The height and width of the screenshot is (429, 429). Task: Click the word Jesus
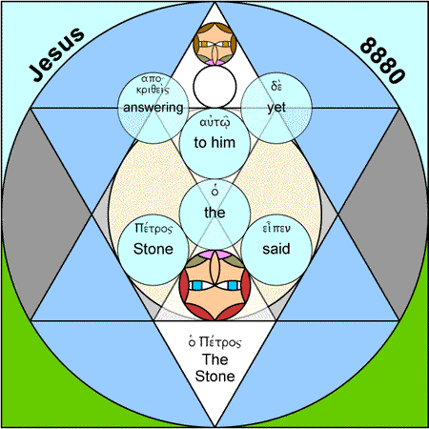tap(56, 53)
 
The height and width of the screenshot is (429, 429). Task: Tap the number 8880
tap(382, 60)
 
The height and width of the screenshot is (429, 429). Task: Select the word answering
tap(153, 108)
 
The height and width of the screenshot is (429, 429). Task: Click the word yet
tap(276, 108)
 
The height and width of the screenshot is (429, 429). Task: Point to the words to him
tap(214, 142)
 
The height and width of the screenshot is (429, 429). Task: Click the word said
tap(276, 249)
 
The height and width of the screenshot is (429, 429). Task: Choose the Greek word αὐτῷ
tap(214, 123)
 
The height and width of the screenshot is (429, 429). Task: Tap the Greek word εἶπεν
tap(276, 228)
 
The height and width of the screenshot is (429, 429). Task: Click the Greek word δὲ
tap(276, 85)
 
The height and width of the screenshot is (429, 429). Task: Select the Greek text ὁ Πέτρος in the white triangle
tap(214, 342)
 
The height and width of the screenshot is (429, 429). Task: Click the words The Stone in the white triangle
tap(214, 368)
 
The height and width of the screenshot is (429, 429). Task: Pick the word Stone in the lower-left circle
tap(153, 249)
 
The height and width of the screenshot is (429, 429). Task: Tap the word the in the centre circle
tap(214, 213)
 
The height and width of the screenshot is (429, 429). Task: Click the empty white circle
tap(214, 87)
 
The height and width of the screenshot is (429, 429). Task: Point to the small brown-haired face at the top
tap(214, 44)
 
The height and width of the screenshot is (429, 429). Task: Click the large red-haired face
tap(214, 285)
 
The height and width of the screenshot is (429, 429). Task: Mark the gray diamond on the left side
tap(47, 214)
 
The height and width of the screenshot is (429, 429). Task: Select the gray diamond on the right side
tap(382, 214)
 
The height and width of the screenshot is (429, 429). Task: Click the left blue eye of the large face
tap(197, 285)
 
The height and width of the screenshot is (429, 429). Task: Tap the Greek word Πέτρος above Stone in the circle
tap(153, 228)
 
